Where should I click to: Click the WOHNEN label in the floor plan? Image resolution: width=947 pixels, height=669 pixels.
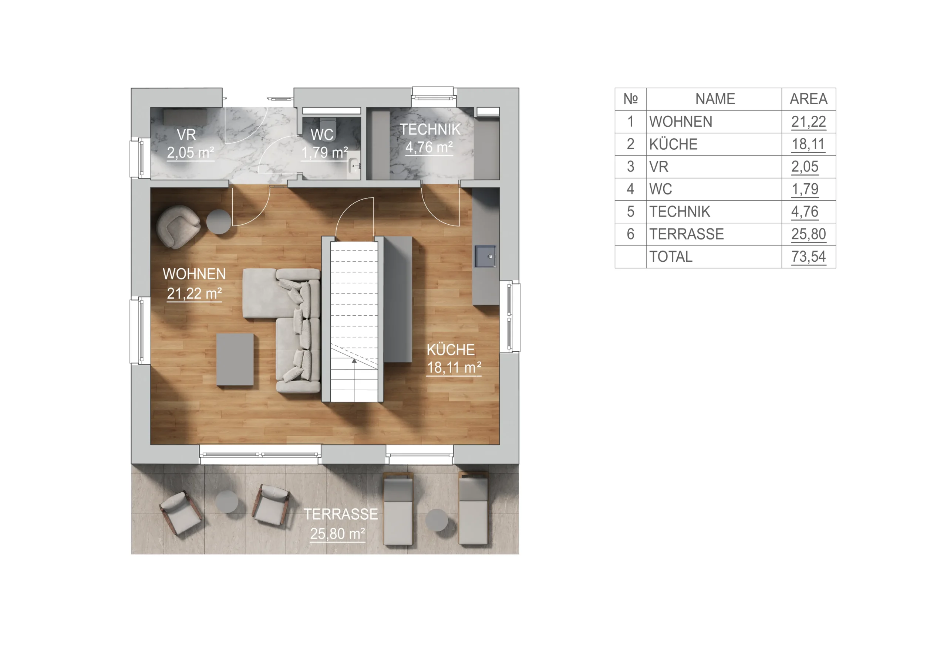tap(194, 274)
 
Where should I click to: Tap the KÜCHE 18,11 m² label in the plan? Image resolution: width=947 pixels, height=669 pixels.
tap(454, 359)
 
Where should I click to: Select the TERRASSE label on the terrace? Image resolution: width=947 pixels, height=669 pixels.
tap(341, 515)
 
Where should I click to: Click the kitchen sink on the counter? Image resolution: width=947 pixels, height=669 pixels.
tap(485, 257)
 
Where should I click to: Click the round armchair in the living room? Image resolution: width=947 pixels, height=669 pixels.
tap(178, 227)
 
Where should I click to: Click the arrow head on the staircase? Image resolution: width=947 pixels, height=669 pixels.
tap(354, 361)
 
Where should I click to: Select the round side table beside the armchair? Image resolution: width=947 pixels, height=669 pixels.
tap(219, 222)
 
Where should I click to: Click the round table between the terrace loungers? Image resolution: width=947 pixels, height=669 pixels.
tap(437, 520)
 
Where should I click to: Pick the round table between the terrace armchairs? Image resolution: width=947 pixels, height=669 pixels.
tap(227, 502)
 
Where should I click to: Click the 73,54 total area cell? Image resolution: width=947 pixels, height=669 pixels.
tap(808, 257)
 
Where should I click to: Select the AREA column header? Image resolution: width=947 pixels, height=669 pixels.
tap(808, 99)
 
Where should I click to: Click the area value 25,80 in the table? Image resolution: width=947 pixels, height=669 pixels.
tap(808, 234)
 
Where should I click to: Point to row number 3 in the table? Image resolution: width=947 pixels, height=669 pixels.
tap(630, 167)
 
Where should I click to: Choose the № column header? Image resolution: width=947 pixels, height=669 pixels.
tap(630, 99)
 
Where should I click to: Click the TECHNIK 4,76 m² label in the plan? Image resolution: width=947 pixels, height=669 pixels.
tap(429, 139)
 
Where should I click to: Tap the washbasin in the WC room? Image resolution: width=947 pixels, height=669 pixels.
tap(354, 165)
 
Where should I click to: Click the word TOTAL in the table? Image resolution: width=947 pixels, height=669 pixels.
tap(671, 257)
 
